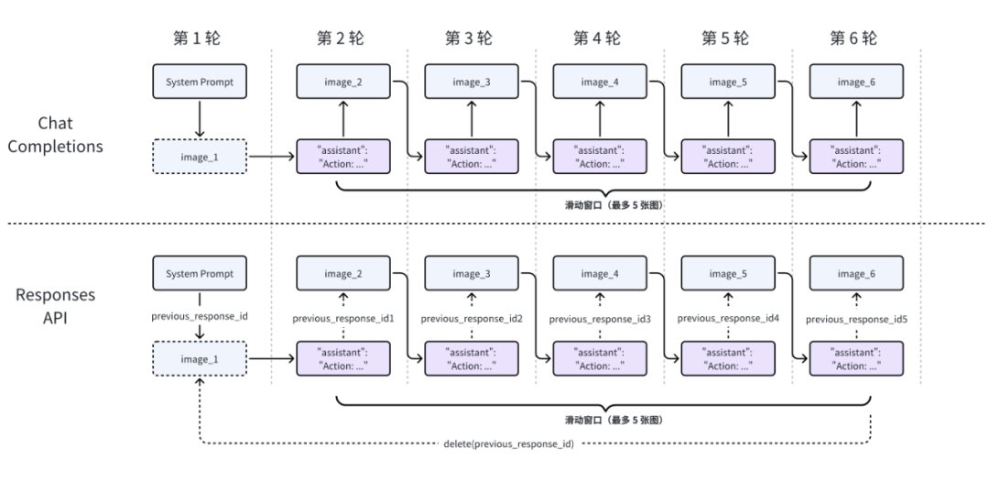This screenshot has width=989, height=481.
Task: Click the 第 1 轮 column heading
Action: [198, 38]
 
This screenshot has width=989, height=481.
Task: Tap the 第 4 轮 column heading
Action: [597, 38]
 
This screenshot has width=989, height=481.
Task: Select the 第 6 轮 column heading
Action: [853, 38]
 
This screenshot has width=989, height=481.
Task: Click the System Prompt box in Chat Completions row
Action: [200, 82]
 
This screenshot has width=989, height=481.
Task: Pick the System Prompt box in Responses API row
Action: [200, 273]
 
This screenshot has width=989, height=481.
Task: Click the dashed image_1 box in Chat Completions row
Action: [200, 157]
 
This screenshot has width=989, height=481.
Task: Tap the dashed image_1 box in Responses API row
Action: [200, 358]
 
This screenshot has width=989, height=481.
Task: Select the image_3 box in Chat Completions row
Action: [472, 82]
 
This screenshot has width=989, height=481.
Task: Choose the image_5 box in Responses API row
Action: [728, 273]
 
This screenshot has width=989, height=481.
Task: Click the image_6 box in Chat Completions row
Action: [856, 82]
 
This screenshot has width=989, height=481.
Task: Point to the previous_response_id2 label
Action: [472, 319]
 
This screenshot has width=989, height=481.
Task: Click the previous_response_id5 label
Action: [856, 320]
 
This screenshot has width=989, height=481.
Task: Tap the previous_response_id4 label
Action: [729, 318]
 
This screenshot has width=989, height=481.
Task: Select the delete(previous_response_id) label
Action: [508, 443]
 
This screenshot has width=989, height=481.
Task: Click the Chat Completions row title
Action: [56, 135]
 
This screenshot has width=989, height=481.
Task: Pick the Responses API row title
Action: [56, 306]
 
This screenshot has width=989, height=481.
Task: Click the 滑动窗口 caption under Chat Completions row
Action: [604, 205]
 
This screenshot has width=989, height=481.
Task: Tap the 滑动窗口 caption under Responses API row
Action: [604, 420]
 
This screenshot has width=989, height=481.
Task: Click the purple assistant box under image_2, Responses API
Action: [343, 358]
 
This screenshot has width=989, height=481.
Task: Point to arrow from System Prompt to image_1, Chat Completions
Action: [200, 119]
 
